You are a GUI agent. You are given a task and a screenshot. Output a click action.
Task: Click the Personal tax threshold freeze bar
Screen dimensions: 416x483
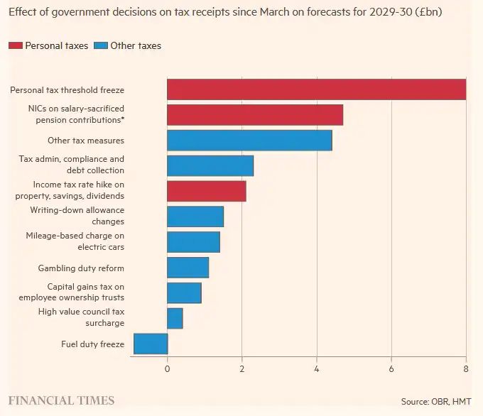point(316,89)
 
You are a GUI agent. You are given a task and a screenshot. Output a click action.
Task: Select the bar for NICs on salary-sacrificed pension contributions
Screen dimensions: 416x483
point(255,115)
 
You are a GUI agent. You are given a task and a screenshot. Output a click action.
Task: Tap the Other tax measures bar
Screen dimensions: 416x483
point(249,141)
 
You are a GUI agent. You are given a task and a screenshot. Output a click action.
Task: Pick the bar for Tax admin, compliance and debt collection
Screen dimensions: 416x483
point(210,165)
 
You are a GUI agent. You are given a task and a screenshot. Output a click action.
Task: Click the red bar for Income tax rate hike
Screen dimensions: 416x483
point(207,191)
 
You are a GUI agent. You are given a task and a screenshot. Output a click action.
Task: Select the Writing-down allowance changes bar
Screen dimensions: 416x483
point(195,217)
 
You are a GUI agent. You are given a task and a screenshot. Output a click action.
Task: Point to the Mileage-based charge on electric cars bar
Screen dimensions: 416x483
point(193,242)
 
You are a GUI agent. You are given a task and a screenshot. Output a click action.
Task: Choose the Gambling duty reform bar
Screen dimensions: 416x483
point(188,268)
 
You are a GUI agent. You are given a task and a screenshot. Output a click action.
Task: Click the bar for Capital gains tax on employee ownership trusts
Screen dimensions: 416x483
point(184,292)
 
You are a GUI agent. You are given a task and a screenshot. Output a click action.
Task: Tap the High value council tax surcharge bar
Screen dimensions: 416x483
point(175,318)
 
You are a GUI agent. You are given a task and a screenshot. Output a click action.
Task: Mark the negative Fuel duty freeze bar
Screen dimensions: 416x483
point(151,344)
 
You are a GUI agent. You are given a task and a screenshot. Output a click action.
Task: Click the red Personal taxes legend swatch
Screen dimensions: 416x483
point(15,46)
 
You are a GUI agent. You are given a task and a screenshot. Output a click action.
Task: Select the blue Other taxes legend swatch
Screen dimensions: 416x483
point(101,46)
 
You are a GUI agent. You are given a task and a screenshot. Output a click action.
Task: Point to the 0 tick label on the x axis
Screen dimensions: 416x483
point(168,369)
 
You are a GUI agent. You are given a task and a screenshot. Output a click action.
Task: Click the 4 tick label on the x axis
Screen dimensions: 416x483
point(317,369)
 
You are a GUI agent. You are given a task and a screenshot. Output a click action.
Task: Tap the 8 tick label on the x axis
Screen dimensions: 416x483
point(466,369)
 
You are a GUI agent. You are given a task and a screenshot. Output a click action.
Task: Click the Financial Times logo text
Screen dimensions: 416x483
point(61,400)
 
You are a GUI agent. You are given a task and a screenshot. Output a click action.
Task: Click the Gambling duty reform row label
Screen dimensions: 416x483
point(81,268)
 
